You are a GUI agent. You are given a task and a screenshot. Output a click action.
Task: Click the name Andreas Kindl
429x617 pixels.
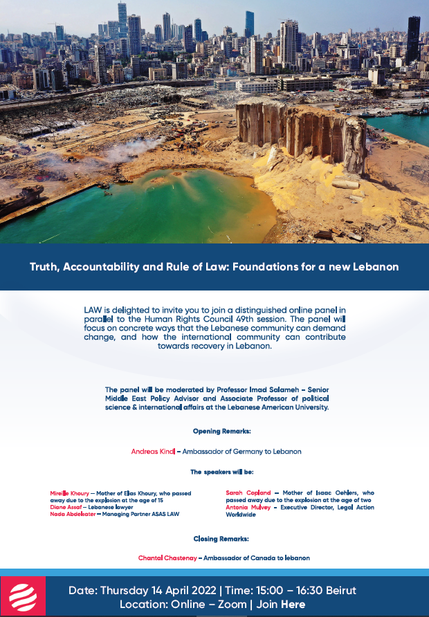153,452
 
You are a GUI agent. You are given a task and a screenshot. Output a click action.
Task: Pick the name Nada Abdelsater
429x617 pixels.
72,514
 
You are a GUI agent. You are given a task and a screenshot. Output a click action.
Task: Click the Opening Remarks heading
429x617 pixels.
221,431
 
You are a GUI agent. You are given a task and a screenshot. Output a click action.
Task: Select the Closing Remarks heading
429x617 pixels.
221,537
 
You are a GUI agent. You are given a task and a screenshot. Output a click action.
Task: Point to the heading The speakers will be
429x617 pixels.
221,472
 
